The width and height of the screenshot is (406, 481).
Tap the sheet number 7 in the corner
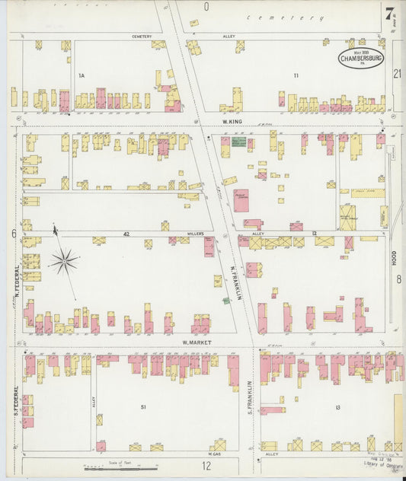click(390, 13)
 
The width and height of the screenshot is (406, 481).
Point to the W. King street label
click(232, 121)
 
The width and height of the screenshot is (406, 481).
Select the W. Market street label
click(196, 342)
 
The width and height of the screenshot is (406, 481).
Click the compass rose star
click(64, 261)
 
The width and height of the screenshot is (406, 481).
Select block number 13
click(337, 407)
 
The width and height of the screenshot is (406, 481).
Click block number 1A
click(82, 75)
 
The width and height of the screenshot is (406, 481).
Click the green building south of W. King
click(239, 142)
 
